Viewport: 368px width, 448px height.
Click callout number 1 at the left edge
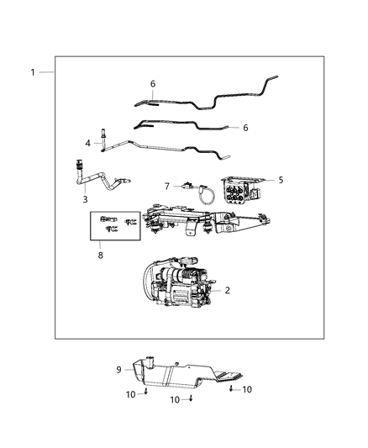point(33,72)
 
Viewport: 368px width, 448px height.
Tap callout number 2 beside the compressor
point(226,289)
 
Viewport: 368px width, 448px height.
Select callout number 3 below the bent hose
point(85,199)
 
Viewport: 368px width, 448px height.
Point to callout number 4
point(87,145)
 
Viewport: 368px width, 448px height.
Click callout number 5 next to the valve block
point(281,180)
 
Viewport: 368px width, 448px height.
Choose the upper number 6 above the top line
point(153,83)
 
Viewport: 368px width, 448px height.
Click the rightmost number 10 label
point(246,389)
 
